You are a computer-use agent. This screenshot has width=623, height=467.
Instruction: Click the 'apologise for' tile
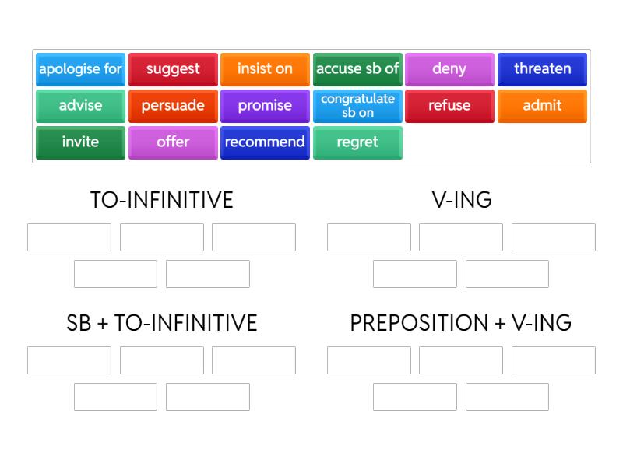click(x=80, y=69)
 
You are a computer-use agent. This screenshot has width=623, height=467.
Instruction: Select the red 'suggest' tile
click(x=173, y=69)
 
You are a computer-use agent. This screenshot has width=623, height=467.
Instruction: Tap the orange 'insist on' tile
click(x=265, y=69)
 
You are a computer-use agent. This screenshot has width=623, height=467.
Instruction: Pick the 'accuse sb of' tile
click(x=357, y=69)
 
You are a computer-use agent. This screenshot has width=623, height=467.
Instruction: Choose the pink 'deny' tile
click(x=450, y=69)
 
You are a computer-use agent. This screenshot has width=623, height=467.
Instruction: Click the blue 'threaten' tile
click(x=542, y=69)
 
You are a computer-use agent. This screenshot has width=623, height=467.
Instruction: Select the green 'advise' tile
click(x=80, y=106)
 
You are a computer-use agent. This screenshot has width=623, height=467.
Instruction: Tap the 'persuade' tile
click(x=173, y=106)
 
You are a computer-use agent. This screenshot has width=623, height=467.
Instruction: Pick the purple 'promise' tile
click(x=265, y=106)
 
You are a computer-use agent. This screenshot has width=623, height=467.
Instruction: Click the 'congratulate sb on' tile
click(x=357, y=106)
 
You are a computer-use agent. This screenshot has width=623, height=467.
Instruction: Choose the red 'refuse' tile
click(x=450, y=106)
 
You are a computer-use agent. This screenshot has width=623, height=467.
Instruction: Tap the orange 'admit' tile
click(x=542, y=106)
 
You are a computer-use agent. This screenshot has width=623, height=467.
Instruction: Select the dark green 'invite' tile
click(x=80, y=142)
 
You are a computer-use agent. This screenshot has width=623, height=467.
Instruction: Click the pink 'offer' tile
click(x=173, y=142)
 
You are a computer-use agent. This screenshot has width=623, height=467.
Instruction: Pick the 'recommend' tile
click(x=265, y=142)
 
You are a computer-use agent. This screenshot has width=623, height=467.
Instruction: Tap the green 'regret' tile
click(x=357, y=142)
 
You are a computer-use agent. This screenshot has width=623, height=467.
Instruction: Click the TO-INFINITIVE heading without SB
click(x=162, y=200)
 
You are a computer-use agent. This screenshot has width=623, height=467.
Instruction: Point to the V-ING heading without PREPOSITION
click(x=462, y=200)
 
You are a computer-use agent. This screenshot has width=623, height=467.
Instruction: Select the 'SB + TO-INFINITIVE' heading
click(x=162, y=323)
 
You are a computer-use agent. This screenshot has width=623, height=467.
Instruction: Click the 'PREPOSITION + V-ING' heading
click(x=461, y=323)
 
